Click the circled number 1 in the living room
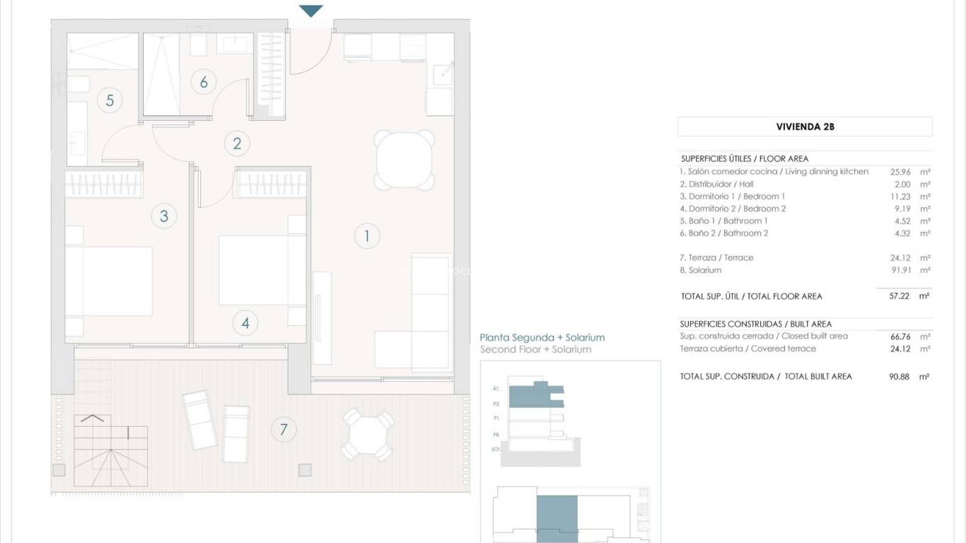coord(366,235)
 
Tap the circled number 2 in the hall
coord(237,144)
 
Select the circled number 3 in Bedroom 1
coord(164,216)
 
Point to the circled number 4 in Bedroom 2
coord(245,323)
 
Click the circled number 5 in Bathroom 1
coord(110,100)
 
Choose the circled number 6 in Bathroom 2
coord(204,82)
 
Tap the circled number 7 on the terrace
coord(284,429)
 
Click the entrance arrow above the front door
coord(311,11)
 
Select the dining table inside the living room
coord(404,160)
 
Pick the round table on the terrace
coord(367,434)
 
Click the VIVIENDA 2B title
coord(805,127)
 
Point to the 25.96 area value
coord(900,172)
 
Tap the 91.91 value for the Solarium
coord(900,270)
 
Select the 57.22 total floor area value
coord(900,296)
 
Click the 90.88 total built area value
coord(900,377)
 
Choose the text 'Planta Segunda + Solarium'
coord(542,338)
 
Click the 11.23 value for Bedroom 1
coord(900,197)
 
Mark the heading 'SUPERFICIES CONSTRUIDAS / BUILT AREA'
coord(755,324)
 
